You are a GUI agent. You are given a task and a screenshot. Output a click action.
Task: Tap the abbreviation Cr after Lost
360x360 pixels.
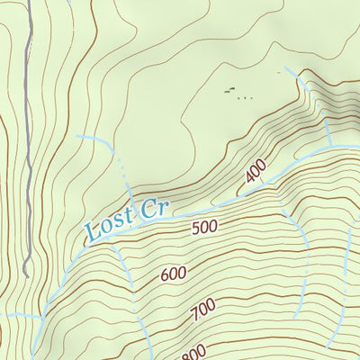(154, 211)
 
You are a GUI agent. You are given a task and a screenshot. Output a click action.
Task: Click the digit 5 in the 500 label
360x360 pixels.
(196, 230)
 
